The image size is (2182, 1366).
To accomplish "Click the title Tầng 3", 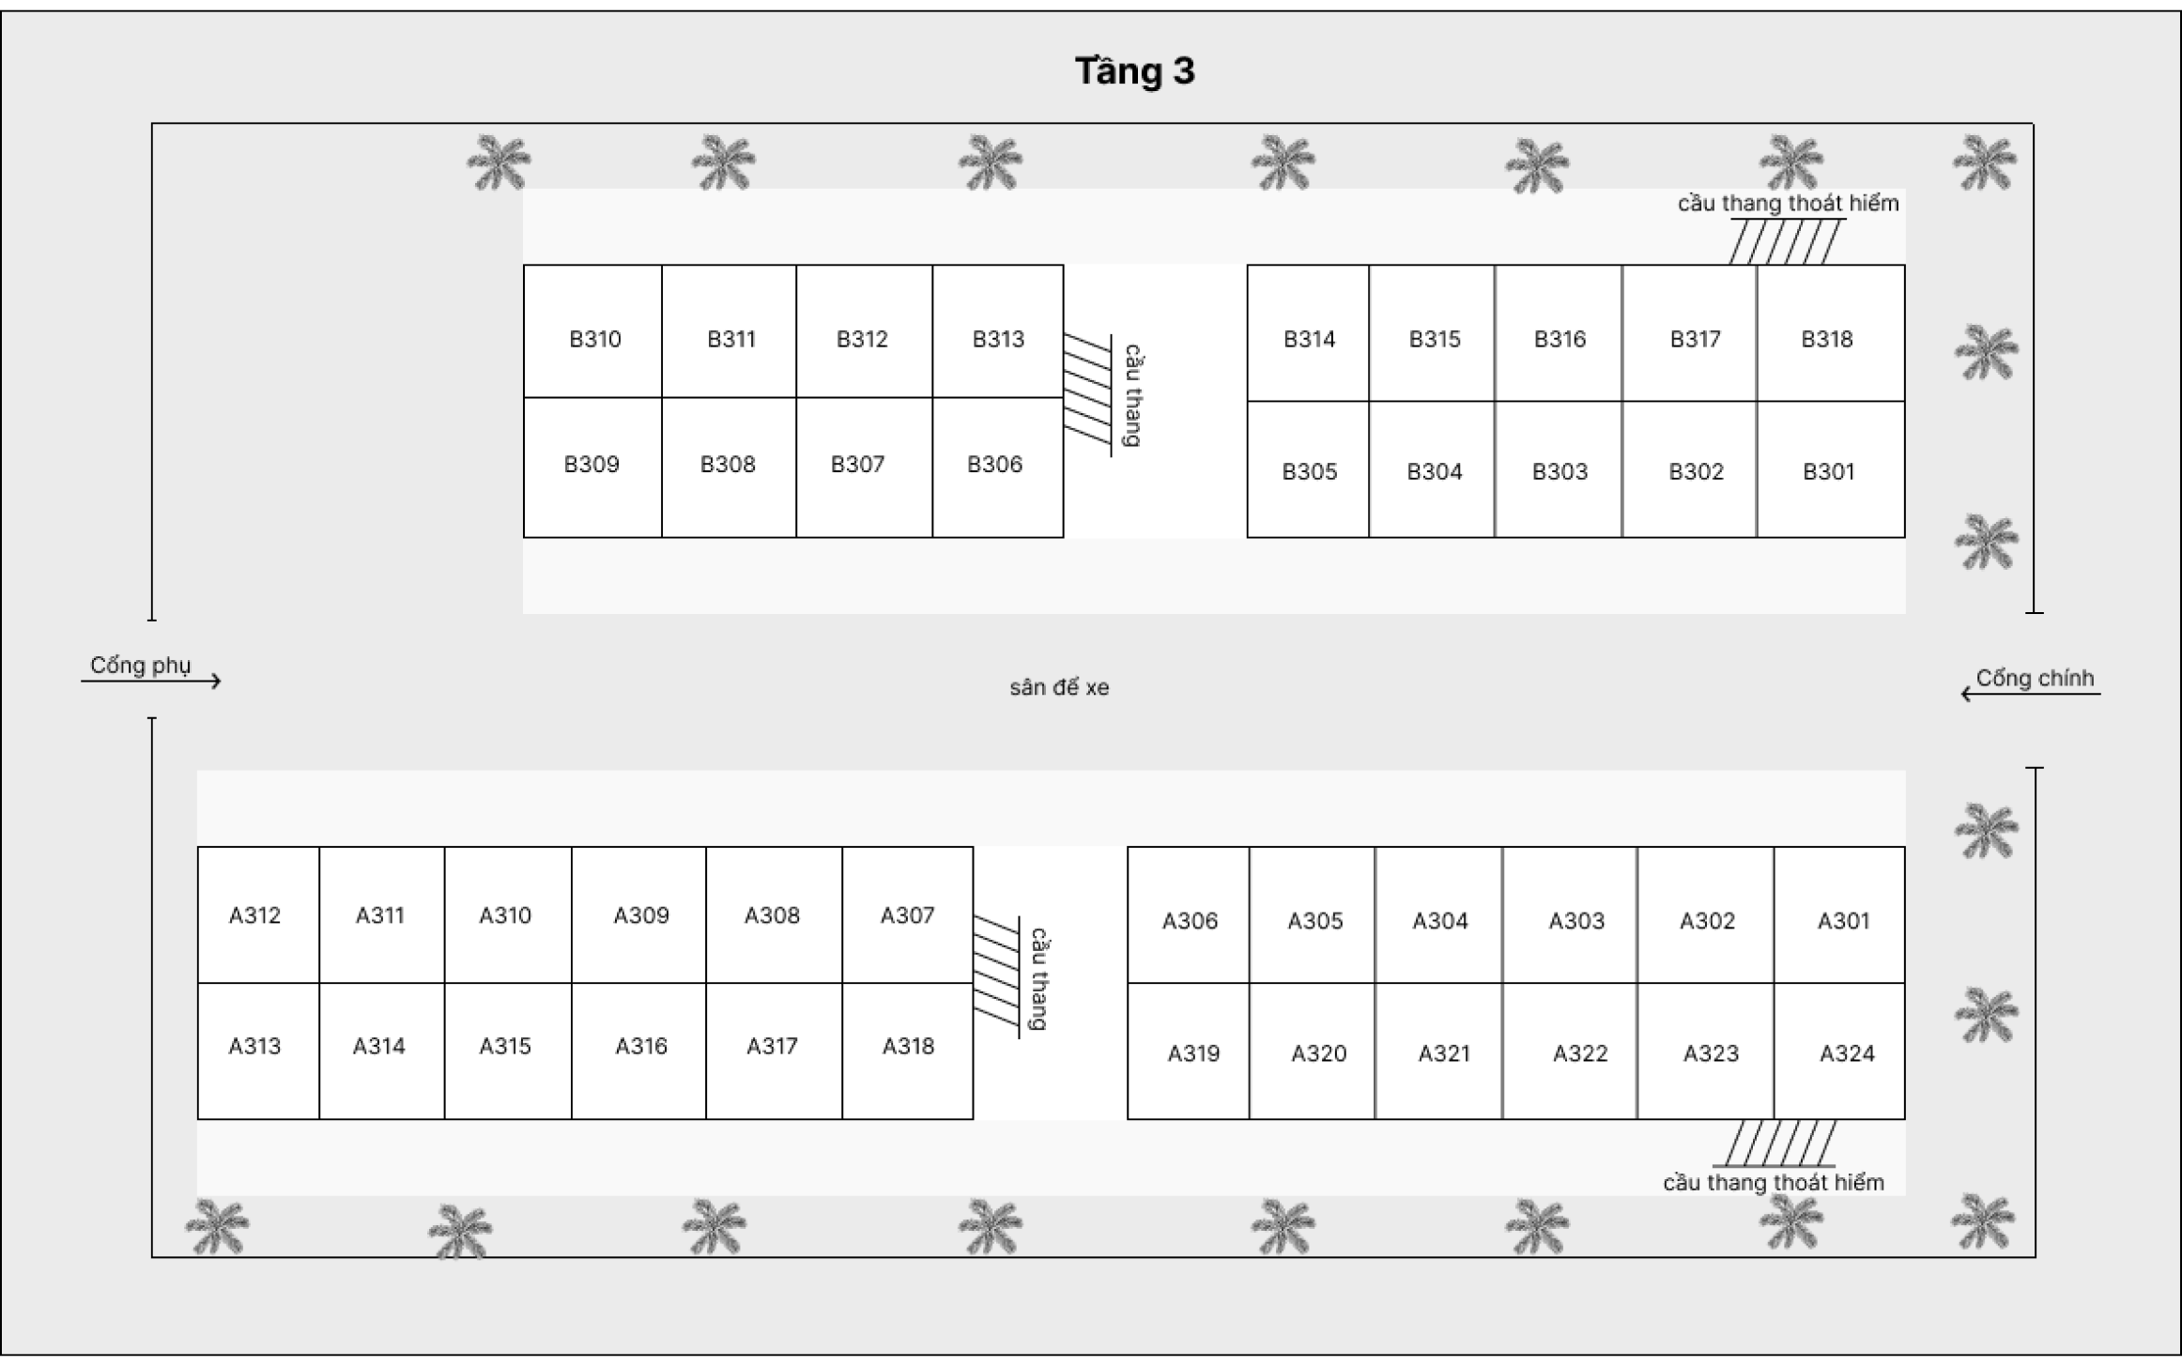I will click(x=1134, y=71).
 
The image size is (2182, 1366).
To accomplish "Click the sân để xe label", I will click(x=1059, y=687).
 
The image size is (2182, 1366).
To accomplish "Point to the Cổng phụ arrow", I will click(x=151, y=681).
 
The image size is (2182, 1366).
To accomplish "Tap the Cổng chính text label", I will click(x=2035, y=677).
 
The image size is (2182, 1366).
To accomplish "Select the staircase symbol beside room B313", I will click(x=1087, y=391).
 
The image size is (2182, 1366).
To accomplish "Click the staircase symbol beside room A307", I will click(x=997, y=972).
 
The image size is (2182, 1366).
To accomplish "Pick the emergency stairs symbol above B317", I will click(x=1785, y=241).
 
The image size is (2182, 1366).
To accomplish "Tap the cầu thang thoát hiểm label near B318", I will click(x=1788, y=203).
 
